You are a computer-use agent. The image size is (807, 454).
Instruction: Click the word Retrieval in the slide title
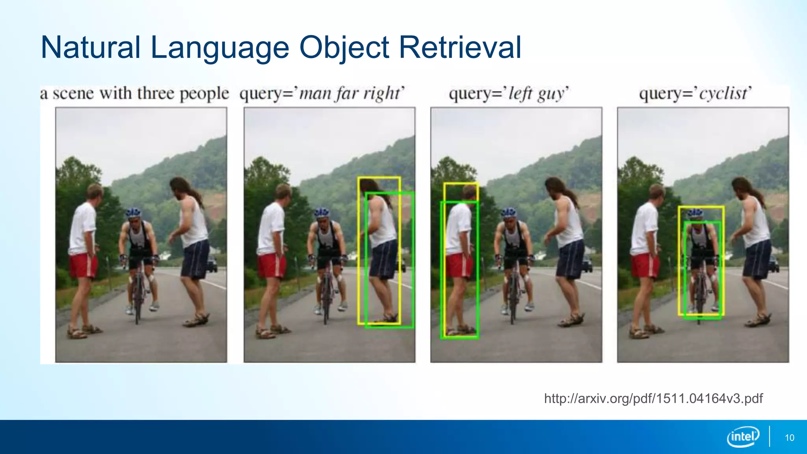point(460,47)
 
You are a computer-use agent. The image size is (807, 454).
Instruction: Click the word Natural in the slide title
point(91,47)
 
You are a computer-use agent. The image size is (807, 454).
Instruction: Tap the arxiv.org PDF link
point(653,398)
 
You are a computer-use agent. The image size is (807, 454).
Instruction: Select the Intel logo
point(743,437)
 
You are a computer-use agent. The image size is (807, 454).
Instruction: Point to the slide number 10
point(789,438)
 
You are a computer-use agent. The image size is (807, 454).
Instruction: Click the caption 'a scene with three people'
point(134,94)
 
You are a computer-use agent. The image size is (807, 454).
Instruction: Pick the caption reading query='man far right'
point(322,94)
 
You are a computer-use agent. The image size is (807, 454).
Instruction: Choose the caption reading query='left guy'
point(509,94)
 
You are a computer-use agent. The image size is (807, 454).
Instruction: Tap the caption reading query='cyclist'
point(695,94)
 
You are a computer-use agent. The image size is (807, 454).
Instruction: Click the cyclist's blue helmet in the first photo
point(134,213)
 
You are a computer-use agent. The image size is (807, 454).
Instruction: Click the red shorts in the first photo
point(83,266)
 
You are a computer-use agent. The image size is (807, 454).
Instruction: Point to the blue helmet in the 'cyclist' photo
point(695,213)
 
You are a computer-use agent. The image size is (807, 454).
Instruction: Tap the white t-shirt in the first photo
point(83,229)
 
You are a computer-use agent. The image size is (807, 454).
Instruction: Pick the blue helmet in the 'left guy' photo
point(509,213)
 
